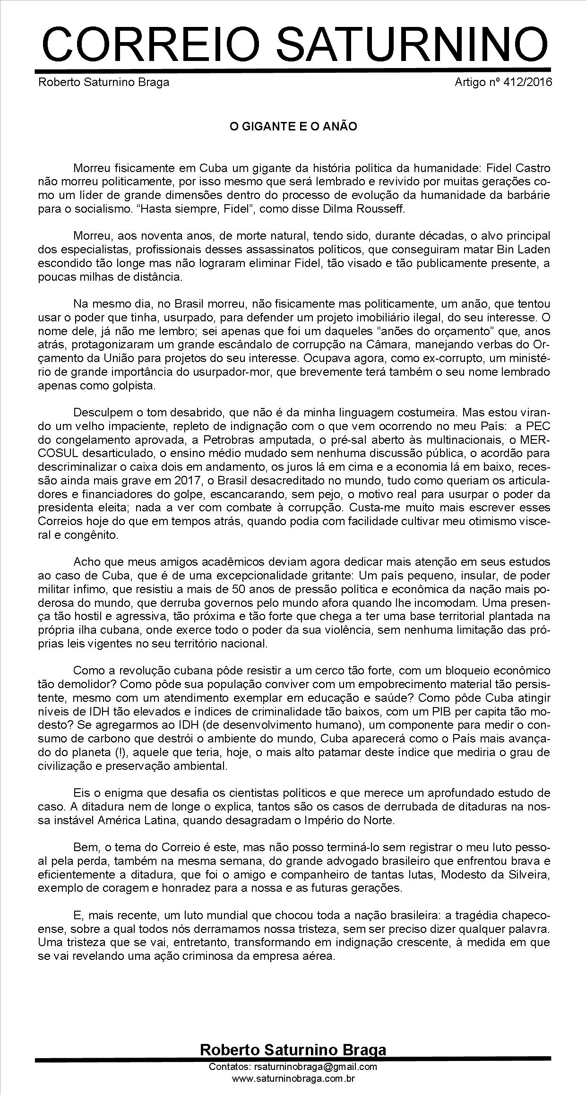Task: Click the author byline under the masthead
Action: (103, 82)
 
